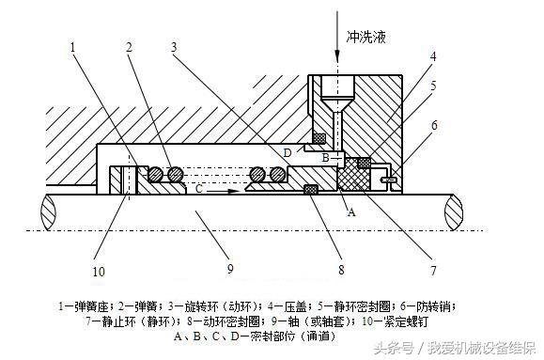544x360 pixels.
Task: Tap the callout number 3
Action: pos(174,47)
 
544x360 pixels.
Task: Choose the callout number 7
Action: pos(433,272)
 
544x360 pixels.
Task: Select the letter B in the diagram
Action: pos(325,158)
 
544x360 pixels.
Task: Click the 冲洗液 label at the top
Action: pos(367,38)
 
